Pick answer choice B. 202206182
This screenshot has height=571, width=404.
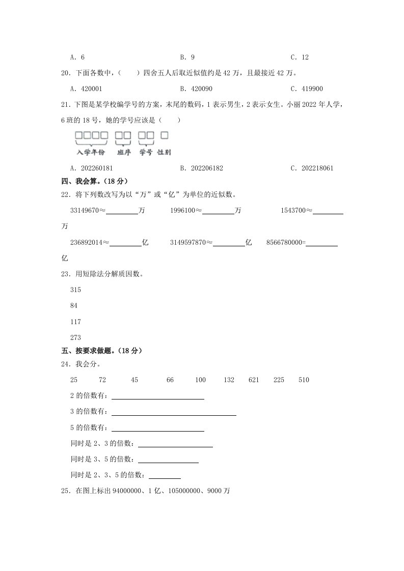point(202,168)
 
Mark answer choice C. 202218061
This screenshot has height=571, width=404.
point(311,168)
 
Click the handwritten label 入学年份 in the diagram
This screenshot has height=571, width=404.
point(91,152)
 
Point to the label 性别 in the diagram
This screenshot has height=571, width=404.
point(164,152)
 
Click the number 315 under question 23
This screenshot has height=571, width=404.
point(75,290)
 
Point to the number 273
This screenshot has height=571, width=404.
point(75,337)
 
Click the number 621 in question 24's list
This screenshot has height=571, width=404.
point(254,380)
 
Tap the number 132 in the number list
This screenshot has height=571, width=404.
point(229,380)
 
